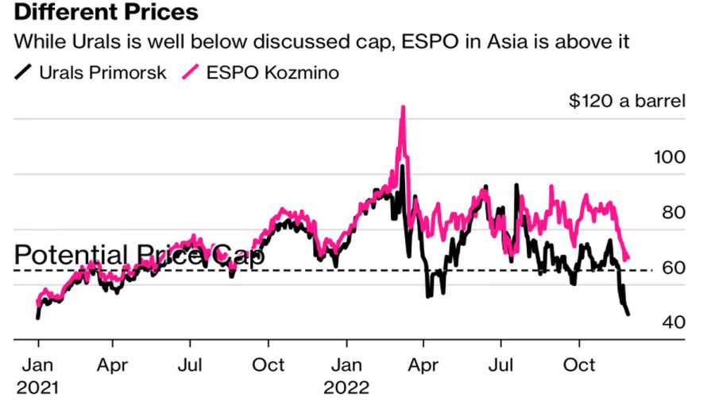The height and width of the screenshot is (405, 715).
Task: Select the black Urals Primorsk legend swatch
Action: pyautogui.click(x=24, y=73)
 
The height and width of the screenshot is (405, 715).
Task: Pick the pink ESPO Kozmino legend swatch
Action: pyautogui.click(x=191, y=73)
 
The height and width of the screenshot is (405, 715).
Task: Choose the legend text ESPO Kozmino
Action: pyautogui.click(x=272, y=73)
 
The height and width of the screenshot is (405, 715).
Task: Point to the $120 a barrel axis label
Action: pyautogui.click(x=627, y=102)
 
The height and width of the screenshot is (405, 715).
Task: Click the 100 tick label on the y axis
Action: pyautogui.click(x=668, y=156)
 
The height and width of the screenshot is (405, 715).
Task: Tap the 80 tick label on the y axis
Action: pyautogui.click(x=673, y=213)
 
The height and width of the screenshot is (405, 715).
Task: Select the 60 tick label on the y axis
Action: pyautogui.click(x=673, y=268)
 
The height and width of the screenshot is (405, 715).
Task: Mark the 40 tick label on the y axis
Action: pyautogui.click(x=673, y=323)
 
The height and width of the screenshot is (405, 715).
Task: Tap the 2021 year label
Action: pyautogui.click(x=37, y=388)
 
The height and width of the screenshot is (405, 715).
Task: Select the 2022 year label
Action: pyautogui.click(x=346, y=388)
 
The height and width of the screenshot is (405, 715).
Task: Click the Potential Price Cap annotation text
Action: pyautogui.click(x=140, y=256)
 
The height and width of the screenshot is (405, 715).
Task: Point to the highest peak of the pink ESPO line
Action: pyautogui.click(x=403, y=107)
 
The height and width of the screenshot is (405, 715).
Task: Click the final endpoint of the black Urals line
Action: pyautogui.click(x=629, y=315)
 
